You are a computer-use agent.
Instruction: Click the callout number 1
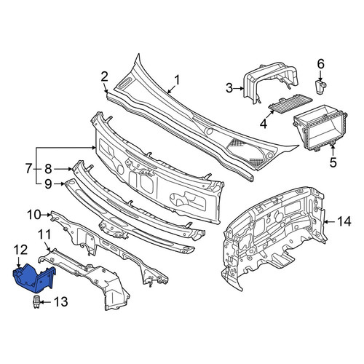[177, 80]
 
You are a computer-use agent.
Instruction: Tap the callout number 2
[104, 76]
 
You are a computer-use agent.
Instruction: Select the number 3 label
[229, 88]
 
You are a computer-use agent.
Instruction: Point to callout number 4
[264, 124]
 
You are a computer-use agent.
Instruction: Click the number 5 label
[333, 162]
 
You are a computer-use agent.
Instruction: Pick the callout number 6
[321, 64]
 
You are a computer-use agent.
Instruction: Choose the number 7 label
[28, 168]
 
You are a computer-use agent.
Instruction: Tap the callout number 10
[34, 215]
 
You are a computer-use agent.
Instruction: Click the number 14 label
[344, 221]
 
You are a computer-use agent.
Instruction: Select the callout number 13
[60, 302]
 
